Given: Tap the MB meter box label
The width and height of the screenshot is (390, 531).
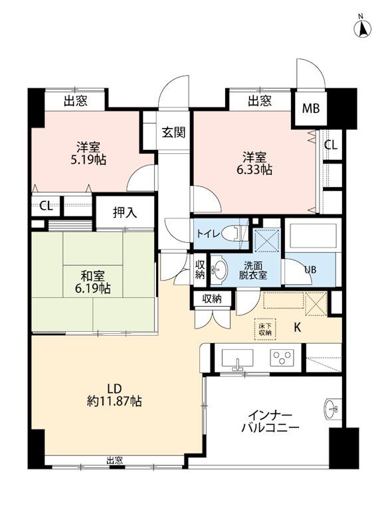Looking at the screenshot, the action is point(310,109).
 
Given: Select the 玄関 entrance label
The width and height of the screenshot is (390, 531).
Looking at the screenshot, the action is point(173,132).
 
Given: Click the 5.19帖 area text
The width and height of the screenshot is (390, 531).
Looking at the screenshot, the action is point(88,159).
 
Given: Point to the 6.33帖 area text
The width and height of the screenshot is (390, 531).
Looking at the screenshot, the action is point(254,169).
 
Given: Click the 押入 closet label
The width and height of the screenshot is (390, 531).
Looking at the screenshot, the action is point(125,212).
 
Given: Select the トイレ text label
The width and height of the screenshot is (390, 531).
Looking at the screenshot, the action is point(209,234).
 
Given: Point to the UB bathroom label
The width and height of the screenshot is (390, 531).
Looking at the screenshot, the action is point(310,270).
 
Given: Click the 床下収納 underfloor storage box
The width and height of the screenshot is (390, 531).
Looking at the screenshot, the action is point(265,329).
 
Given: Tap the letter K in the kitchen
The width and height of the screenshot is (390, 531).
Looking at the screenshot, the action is point(297,327).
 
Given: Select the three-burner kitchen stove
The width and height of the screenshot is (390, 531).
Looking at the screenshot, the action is point(282,358).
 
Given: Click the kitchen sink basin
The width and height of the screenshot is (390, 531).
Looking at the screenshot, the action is point(237,358).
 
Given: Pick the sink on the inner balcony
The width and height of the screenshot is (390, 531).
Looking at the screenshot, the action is point(331,410).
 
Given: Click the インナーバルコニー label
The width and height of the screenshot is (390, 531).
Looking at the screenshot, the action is point(270,421).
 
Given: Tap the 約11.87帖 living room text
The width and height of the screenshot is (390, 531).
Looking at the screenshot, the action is point(114,401).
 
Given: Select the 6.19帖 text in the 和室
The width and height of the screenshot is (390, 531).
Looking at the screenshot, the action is point(92,289).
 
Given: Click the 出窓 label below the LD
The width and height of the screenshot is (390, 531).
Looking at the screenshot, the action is point(114,460).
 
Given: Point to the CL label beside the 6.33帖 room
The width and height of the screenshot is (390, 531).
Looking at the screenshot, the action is point(331,145).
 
